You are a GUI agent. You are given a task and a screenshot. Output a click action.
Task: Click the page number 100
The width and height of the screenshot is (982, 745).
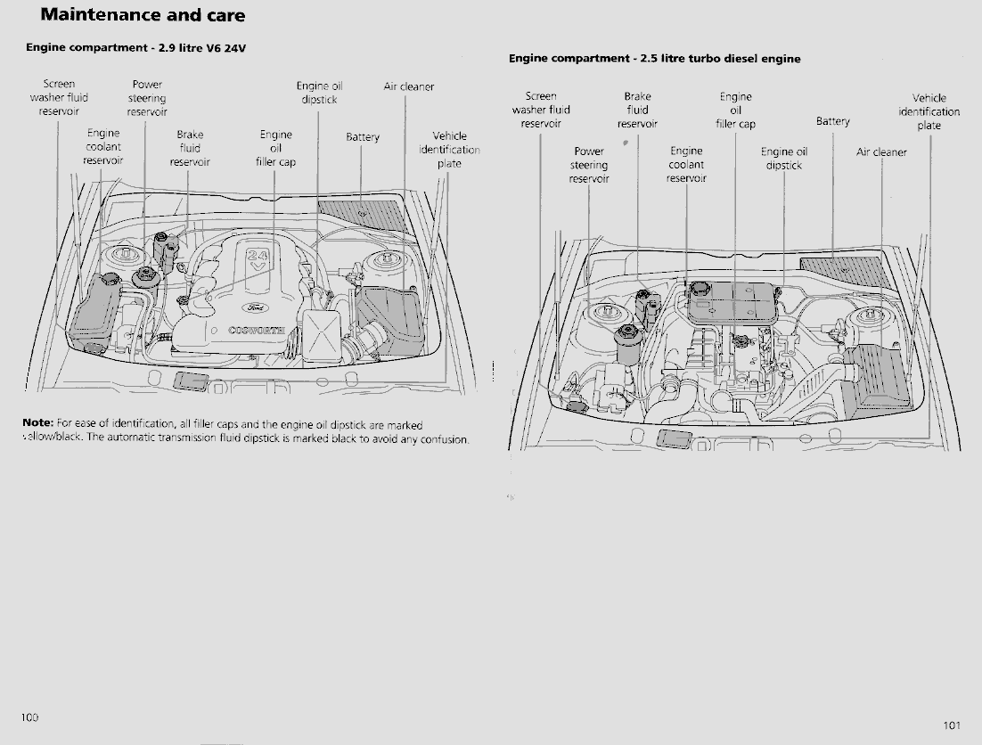(30, 717)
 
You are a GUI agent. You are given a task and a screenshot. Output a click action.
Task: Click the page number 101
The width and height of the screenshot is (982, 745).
(951, 725)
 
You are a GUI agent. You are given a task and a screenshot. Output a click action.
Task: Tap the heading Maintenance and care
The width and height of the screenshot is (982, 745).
(143, 15)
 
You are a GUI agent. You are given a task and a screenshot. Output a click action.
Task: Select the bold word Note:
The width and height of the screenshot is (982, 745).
(38, 423)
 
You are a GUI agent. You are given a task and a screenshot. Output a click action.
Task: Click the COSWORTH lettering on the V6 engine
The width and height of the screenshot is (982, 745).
(257, 330)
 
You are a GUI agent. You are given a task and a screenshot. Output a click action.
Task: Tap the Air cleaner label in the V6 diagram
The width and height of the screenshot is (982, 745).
(408, 86)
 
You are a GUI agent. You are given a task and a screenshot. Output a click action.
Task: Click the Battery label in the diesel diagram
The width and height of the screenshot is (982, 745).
(833, 121)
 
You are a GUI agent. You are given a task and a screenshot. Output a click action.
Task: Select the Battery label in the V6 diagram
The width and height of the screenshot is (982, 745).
(363, 137)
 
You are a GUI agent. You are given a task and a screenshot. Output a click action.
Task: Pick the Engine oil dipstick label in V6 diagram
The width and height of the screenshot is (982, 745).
(319, 93)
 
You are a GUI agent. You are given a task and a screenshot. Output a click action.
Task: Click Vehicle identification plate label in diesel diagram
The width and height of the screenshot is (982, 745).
(929, 111)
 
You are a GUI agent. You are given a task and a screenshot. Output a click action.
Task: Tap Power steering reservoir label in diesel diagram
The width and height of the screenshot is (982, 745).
(589, 165)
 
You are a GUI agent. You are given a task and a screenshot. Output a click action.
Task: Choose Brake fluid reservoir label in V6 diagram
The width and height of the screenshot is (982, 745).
(190, 149)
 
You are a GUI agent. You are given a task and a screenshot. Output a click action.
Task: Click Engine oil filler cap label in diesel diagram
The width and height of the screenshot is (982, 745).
(735, 111)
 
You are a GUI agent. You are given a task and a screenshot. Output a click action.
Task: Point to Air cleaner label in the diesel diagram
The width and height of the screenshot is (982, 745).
(881, 152)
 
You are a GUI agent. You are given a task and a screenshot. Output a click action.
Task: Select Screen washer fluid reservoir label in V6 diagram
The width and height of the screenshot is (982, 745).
(59, 98)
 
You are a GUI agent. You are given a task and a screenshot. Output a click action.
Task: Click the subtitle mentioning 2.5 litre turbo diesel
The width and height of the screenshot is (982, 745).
(654, 59)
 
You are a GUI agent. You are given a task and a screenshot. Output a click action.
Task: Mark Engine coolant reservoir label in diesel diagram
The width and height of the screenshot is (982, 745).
(686, 165)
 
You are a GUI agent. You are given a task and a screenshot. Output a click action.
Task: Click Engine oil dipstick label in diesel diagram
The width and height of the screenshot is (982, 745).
(784, 159)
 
